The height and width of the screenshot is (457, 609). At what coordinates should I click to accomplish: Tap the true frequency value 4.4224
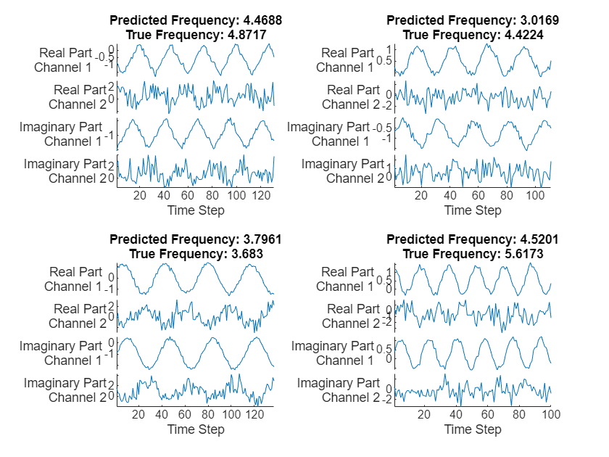(521, 34)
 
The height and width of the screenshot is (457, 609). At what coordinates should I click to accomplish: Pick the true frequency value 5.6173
(521, 253)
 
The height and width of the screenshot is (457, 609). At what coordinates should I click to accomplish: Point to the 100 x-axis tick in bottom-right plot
(551, 414)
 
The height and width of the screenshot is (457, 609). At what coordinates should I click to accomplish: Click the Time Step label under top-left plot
(196, 210)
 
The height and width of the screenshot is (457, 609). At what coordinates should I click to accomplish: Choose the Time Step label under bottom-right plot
(473, 429)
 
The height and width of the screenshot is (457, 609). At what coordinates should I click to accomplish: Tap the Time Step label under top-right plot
(473, 210)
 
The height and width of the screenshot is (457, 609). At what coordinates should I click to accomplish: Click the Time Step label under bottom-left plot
(196, 429)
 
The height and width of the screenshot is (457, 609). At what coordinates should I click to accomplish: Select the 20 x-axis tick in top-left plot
(140, 195)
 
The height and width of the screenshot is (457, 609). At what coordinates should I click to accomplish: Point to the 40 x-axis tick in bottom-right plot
(456, 414)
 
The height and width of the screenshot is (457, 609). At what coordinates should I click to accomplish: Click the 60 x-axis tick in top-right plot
(477, 195)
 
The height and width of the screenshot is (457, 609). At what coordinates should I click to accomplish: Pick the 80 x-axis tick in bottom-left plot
(208, 414)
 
